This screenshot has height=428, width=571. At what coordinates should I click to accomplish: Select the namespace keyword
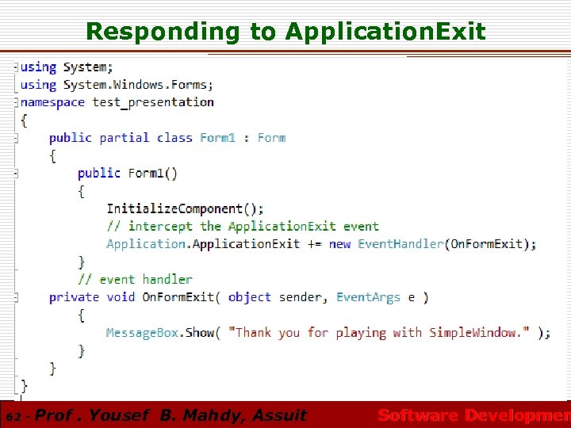click(52, 102)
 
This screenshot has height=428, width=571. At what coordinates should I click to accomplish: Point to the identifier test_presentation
click(153, 102)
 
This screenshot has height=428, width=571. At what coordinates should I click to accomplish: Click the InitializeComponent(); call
click(186, 209)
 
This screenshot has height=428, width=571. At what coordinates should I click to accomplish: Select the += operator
click(314, 244)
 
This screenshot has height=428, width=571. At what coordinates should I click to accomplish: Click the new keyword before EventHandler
click(339, 244)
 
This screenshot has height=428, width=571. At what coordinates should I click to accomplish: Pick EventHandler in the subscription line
click(400, 244)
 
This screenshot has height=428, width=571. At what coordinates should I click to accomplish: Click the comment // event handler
click(135, 279)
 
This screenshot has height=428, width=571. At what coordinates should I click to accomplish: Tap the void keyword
click(120, 297)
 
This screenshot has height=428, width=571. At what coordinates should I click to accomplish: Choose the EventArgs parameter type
click(368, 297)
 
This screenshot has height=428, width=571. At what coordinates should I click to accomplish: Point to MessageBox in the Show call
click(143, 333)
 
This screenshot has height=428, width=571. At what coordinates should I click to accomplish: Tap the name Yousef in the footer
click(121, 415)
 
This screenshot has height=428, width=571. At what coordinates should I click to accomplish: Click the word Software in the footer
click(418, 415)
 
